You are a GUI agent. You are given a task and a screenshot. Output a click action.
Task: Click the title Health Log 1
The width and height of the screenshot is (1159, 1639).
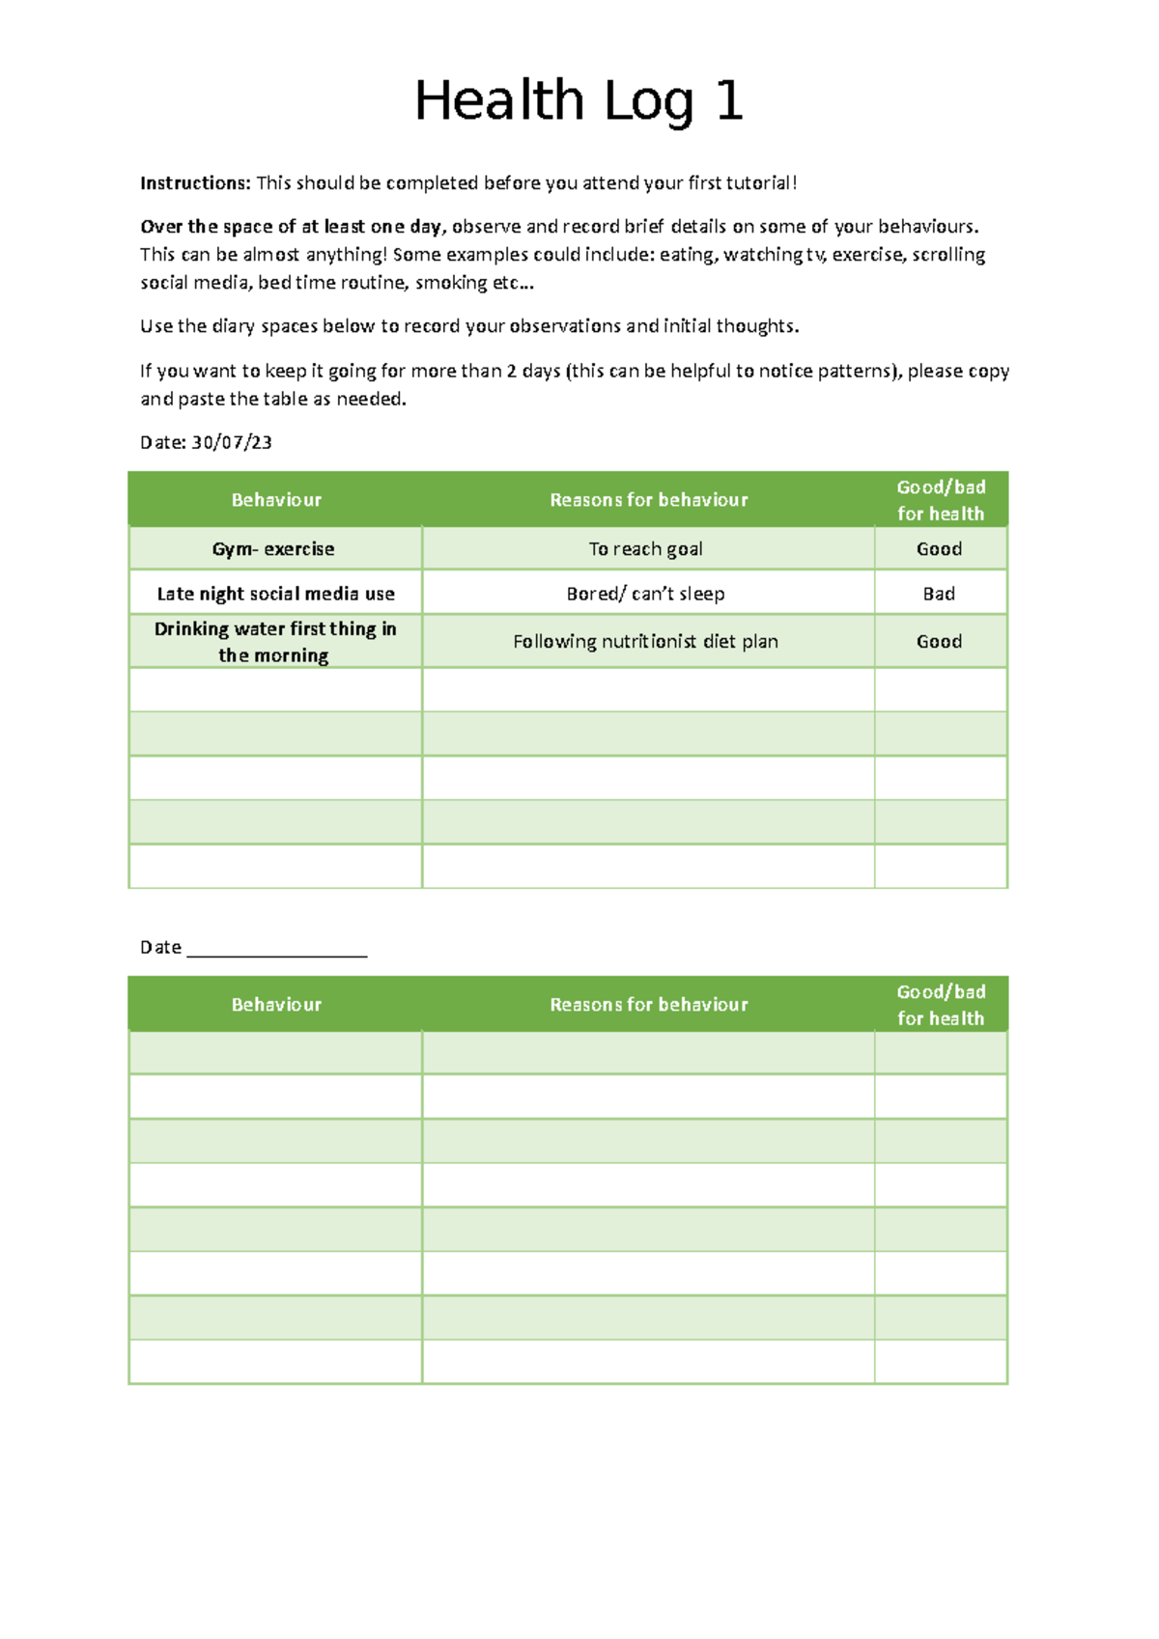coord(579,100)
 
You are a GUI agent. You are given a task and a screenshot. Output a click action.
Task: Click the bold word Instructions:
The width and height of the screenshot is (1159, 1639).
coord(195,183)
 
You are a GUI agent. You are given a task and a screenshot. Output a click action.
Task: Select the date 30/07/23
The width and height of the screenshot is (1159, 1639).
coord(232,443)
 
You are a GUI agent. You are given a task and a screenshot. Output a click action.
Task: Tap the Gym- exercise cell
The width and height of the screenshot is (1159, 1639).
coord(273,549)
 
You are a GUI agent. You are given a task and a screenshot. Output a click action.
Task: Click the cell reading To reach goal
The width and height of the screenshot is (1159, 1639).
coord(645,549)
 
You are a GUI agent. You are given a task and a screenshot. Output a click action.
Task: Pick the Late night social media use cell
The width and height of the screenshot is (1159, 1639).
coord(275,594)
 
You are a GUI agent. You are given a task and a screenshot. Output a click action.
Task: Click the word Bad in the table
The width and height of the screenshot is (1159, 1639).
coord(939,594)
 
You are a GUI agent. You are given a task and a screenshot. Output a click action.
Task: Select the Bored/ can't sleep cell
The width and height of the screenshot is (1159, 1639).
coord(645,594)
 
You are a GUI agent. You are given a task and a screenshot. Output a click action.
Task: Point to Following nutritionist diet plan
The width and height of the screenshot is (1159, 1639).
coord(645,642)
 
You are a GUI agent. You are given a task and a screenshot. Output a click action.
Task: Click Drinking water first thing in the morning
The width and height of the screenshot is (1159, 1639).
coord(275,642)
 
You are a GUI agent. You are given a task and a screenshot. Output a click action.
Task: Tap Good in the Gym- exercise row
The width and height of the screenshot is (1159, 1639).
coord(939,549)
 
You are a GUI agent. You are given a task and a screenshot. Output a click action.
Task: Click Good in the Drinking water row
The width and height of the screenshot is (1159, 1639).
coord(939,642)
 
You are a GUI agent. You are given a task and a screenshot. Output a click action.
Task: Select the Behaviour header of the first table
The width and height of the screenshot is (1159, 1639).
coord(276,500)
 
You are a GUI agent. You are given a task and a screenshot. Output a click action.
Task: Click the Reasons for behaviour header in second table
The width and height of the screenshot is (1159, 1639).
coord(649,1005)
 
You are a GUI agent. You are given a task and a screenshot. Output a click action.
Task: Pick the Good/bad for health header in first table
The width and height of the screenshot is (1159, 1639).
coord(941,500)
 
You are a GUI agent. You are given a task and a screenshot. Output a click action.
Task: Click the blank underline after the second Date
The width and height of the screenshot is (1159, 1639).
coord(276,949)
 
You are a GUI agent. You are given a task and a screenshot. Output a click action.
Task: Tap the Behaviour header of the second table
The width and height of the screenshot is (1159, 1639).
coord(276,1005)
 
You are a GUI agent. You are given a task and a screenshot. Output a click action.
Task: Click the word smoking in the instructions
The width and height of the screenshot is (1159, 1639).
coord(451,283)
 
